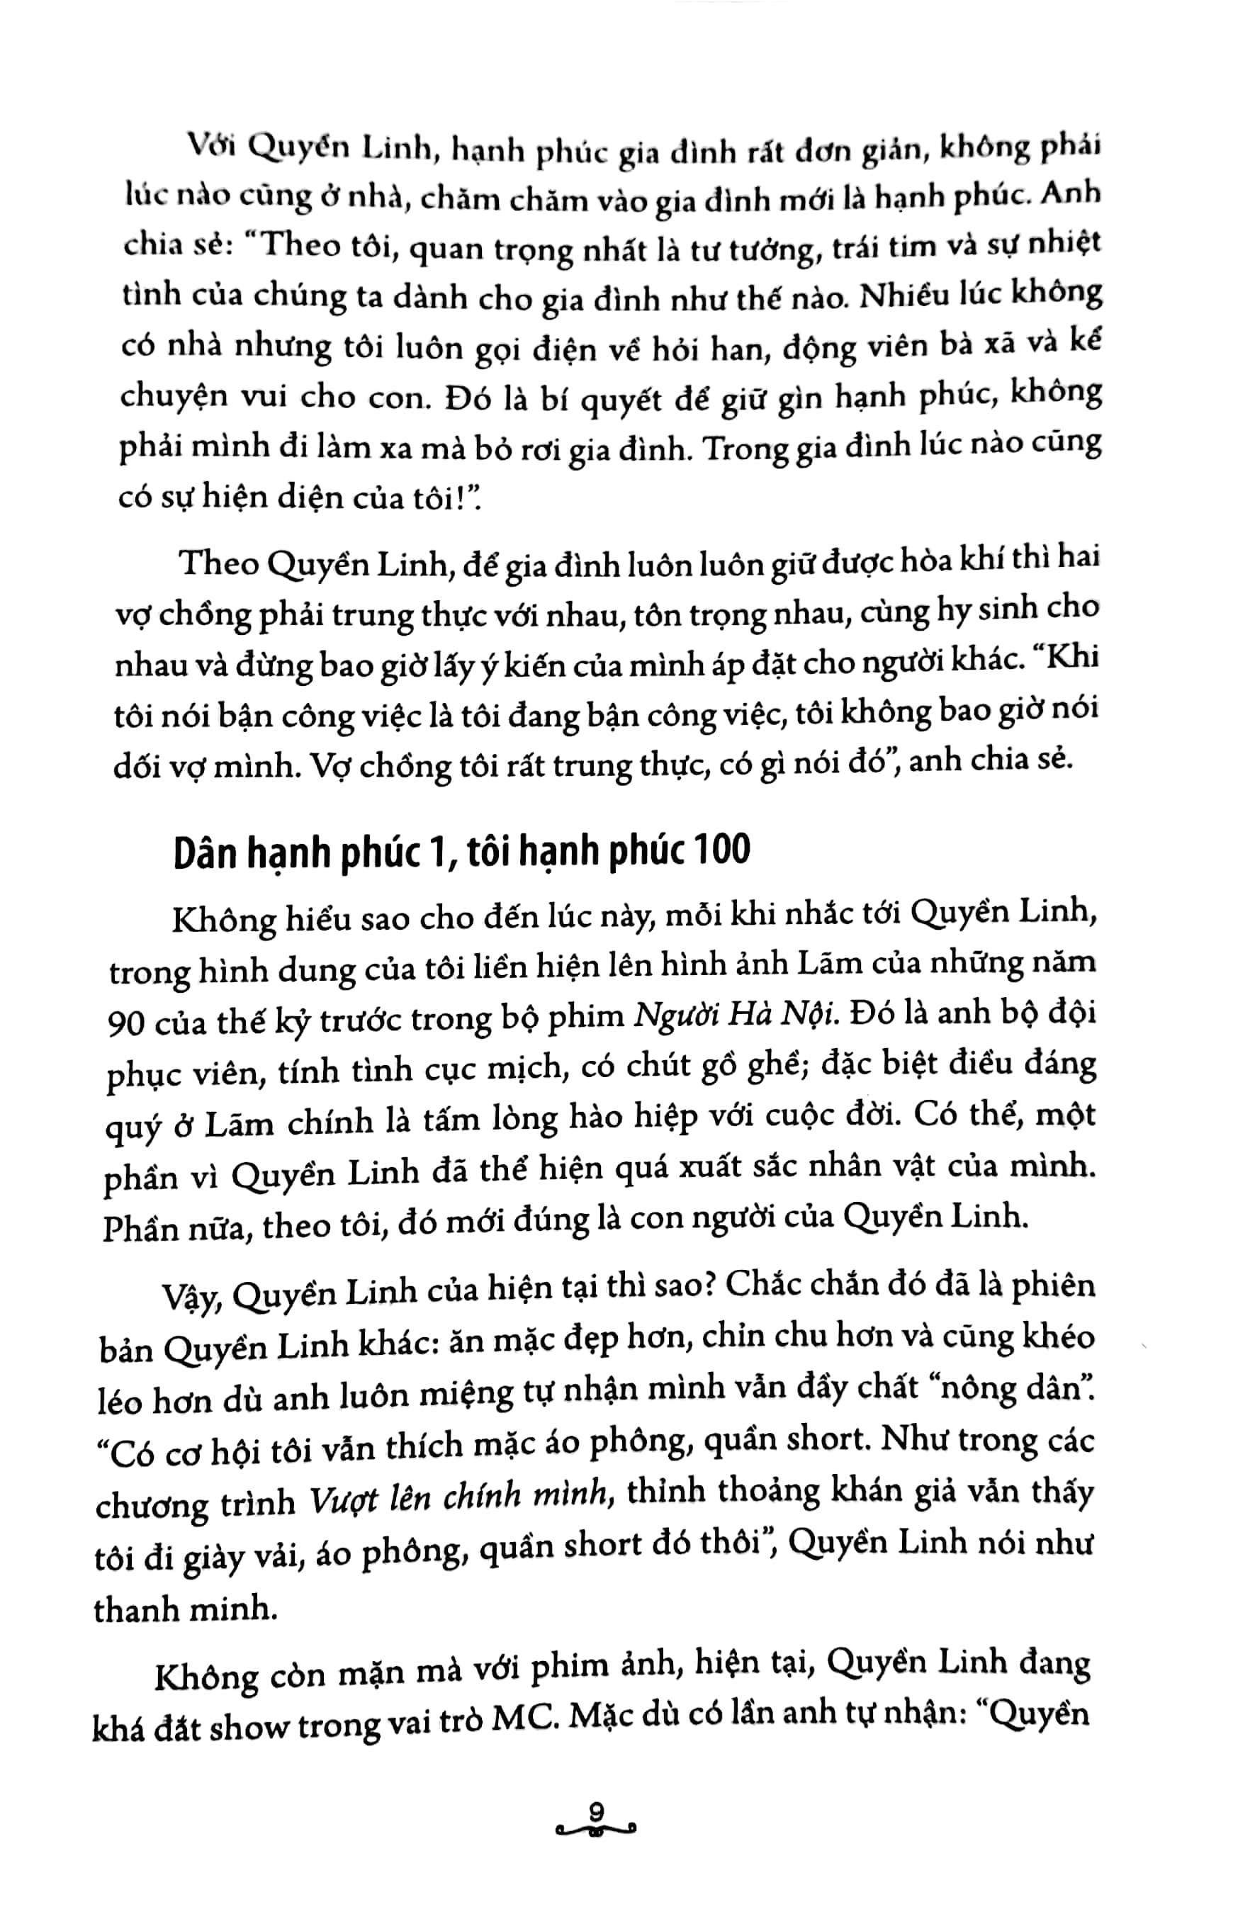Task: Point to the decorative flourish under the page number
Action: click(x=596, y=1830)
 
